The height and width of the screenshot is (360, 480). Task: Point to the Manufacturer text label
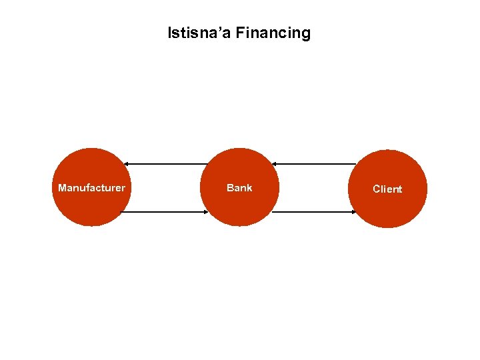point(91,188)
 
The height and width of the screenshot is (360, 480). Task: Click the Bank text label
point(239,188)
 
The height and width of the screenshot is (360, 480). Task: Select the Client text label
point(387,189)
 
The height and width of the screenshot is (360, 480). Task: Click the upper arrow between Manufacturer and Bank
point(167,164)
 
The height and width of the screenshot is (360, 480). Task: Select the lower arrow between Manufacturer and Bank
point(165,213)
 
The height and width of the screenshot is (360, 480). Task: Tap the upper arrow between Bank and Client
point(313,164)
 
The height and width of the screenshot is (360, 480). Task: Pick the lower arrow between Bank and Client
point(313,213)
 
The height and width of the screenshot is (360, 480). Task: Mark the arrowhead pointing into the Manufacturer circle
point(127,164)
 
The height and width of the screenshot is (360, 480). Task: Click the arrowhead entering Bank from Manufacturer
point(206,213)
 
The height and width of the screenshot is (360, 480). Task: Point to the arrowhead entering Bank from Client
point(274,164)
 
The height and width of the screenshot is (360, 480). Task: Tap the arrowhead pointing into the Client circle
point(353,213)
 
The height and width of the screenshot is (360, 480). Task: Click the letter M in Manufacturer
point(62,188)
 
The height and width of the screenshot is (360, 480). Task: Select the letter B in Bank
point(230,188)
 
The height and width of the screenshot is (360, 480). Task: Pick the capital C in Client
point(377,189)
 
